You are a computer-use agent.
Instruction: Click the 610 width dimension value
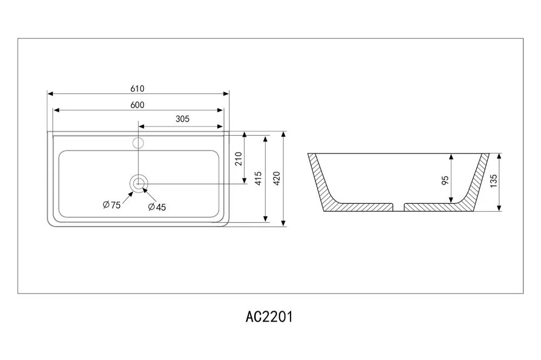click(x=137, y=89)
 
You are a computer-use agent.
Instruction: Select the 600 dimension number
click(x=137, y=105)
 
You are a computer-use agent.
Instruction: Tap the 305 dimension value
click(x=183, y=119)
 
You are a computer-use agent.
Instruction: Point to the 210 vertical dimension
click(x=238, y=158)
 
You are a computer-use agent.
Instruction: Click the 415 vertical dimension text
click(x=258, y=178)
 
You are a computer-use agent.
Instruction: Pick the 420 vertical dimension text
click(x=276, y=178)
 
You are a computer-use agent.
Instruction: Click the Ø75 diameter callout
click(x=111, y=205)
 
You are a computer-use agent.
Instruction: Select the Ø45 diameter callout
click(x=156, y=207)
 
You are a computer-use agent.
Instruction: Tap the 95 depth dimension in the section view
click(x=445, y=180)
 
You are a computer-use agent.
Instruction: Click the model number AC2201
click(x=269, y=317)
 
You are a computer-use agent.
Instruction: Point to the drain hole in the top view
click(x=139, y=183)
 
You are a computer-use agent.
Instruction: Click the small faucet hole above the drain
click(x=138, y=143)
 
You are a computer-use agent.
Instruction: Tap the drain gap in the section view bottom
click(x=398, y=206)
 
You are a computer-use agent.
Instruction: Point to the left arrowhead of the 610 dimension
click(x=51, y=94)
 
